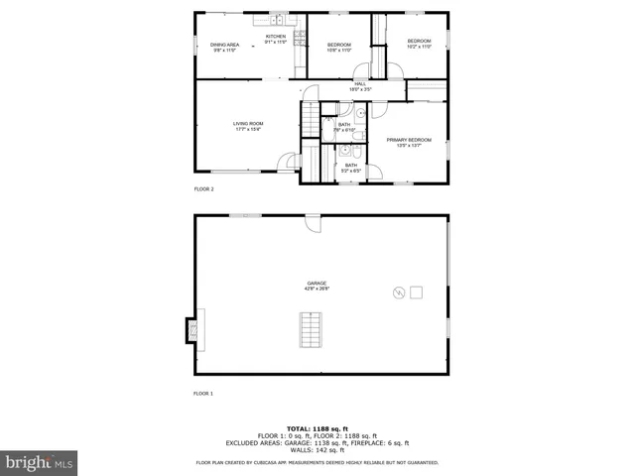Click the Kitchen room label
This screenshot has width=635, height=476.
275,40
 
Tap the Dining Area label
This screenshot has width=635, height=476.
224,47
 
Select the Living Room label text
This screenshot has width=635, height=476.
248,126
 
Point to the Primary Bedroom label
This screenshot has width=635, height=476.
409,142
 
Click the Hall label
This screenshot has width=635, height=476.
360,86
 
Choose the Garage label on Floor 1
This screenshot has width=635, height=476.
317,286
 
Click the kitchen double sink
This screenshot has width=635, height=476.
277,19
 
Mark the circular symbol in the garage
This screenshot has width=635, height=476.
399,293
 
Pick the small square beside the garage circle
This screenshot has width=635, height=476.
416,292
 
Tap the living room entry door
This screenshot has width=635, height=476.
290,162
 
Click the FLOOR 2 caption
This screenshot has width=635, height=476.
203,188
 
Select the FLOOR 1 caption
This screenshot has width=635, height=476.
203,394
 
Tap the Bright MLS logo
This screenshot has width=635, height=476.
40,462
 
